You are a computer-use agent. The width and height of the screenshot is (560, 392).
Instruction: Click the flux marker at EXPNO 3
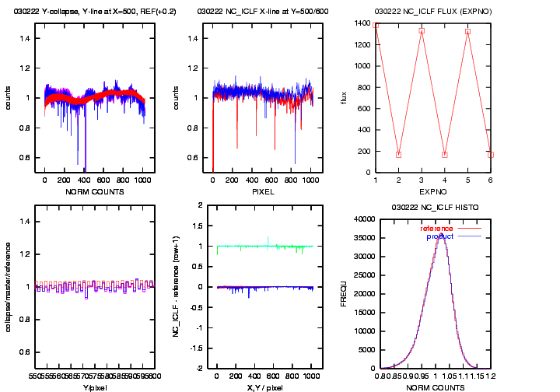422,30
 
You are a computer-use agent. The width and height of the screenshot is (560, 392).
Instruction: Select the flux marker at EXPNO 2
398,154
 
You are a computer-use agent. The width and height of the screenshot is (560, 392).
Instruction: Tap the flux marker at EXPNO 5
467,31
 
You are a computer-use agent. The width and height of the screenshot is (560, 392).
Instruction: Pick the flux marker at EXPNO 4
444,154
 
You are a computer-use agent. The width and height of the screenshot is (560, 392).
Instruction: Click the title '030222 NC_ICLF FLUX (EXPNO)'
432,12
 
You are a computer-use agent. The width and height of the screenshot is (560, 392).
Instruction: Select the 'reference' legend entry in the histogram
436,228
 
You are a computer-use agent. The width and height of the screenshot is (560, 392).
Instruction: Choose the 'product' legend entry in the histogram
440,236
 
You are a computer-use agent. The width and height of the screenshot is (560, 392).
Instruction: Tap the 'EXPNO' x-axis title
432,190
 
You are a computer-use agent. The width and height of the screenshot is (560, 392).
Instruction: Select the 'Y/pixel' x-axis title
94,387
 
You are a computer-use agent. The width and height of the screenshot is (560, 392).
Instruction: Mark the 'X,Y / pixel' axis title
264,387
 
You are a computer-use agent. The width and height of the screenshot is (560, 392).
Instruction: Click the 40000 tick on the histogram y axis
364,219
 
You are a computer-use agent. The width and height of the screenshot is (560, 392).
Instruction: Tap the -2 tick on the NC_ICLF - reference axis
200,369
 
